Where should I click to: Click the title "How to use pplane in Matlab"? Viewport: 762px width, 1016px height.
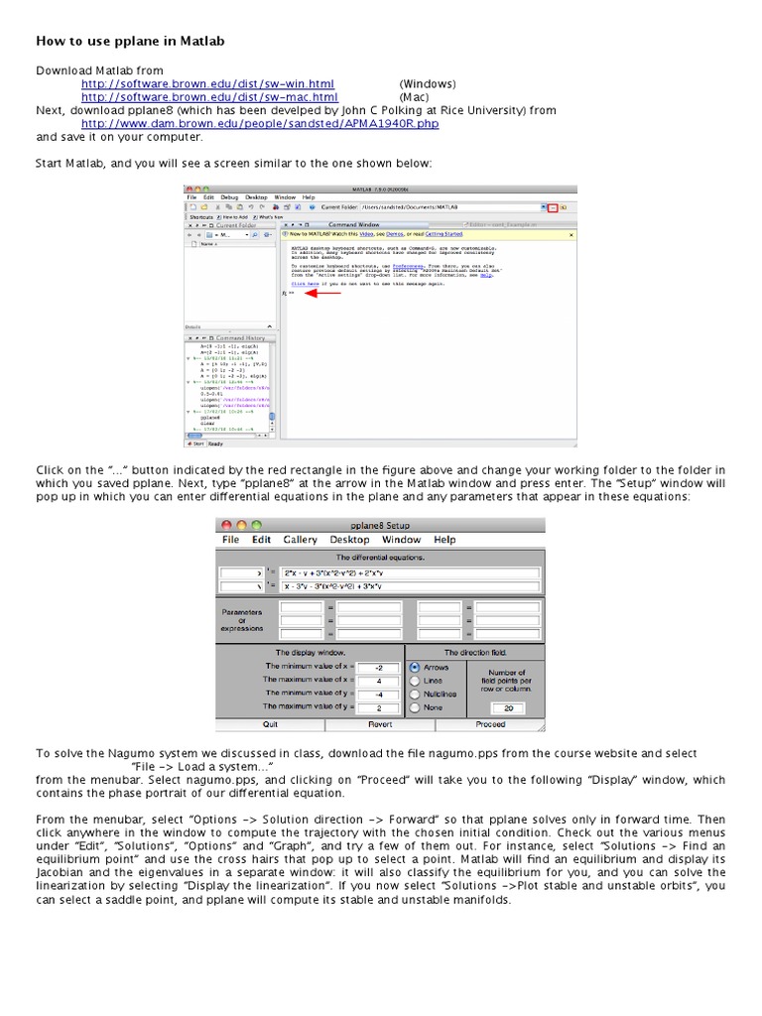coord(131,42)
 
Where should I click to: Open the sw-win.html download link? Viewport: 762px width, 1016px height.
coord(207,84)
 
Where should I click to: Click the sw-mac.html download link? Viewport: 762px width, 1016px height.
coord(207,97)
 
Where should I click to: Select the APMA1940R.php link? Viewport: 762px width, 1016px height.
coord(259,124)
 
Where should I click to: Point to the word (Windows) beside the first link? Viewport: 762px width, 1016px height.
coord(428,84)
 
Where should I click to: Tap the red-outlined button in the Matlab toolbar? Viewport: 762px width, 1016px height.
coord(553,207)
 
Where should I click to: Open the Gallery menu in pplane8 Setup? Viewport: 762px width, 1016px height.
coord(300,540)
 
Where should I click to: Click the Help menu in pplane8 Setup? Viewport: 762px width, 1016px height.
coord(444,540)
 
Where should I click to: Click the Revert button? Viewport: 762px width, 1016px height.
coord(379,724)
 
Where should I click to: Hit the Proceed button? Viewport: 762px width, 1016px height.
coord(490,724)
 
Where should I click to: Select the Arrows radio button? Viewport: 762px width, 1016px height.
coord(415,668)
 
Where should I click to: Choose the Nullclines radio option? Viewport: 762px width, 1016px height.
coord(415,695)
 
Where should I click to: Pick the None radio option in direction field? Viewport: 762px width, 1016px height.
coord(415,708)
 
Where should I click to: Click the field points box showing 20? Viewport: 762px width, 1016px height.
coord(509,708)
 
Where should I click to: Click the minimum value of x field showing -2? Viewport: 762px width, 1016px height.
coord(377,667)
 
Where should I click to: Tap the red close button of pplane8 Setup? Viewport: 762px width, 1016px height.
coord(226,525)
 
